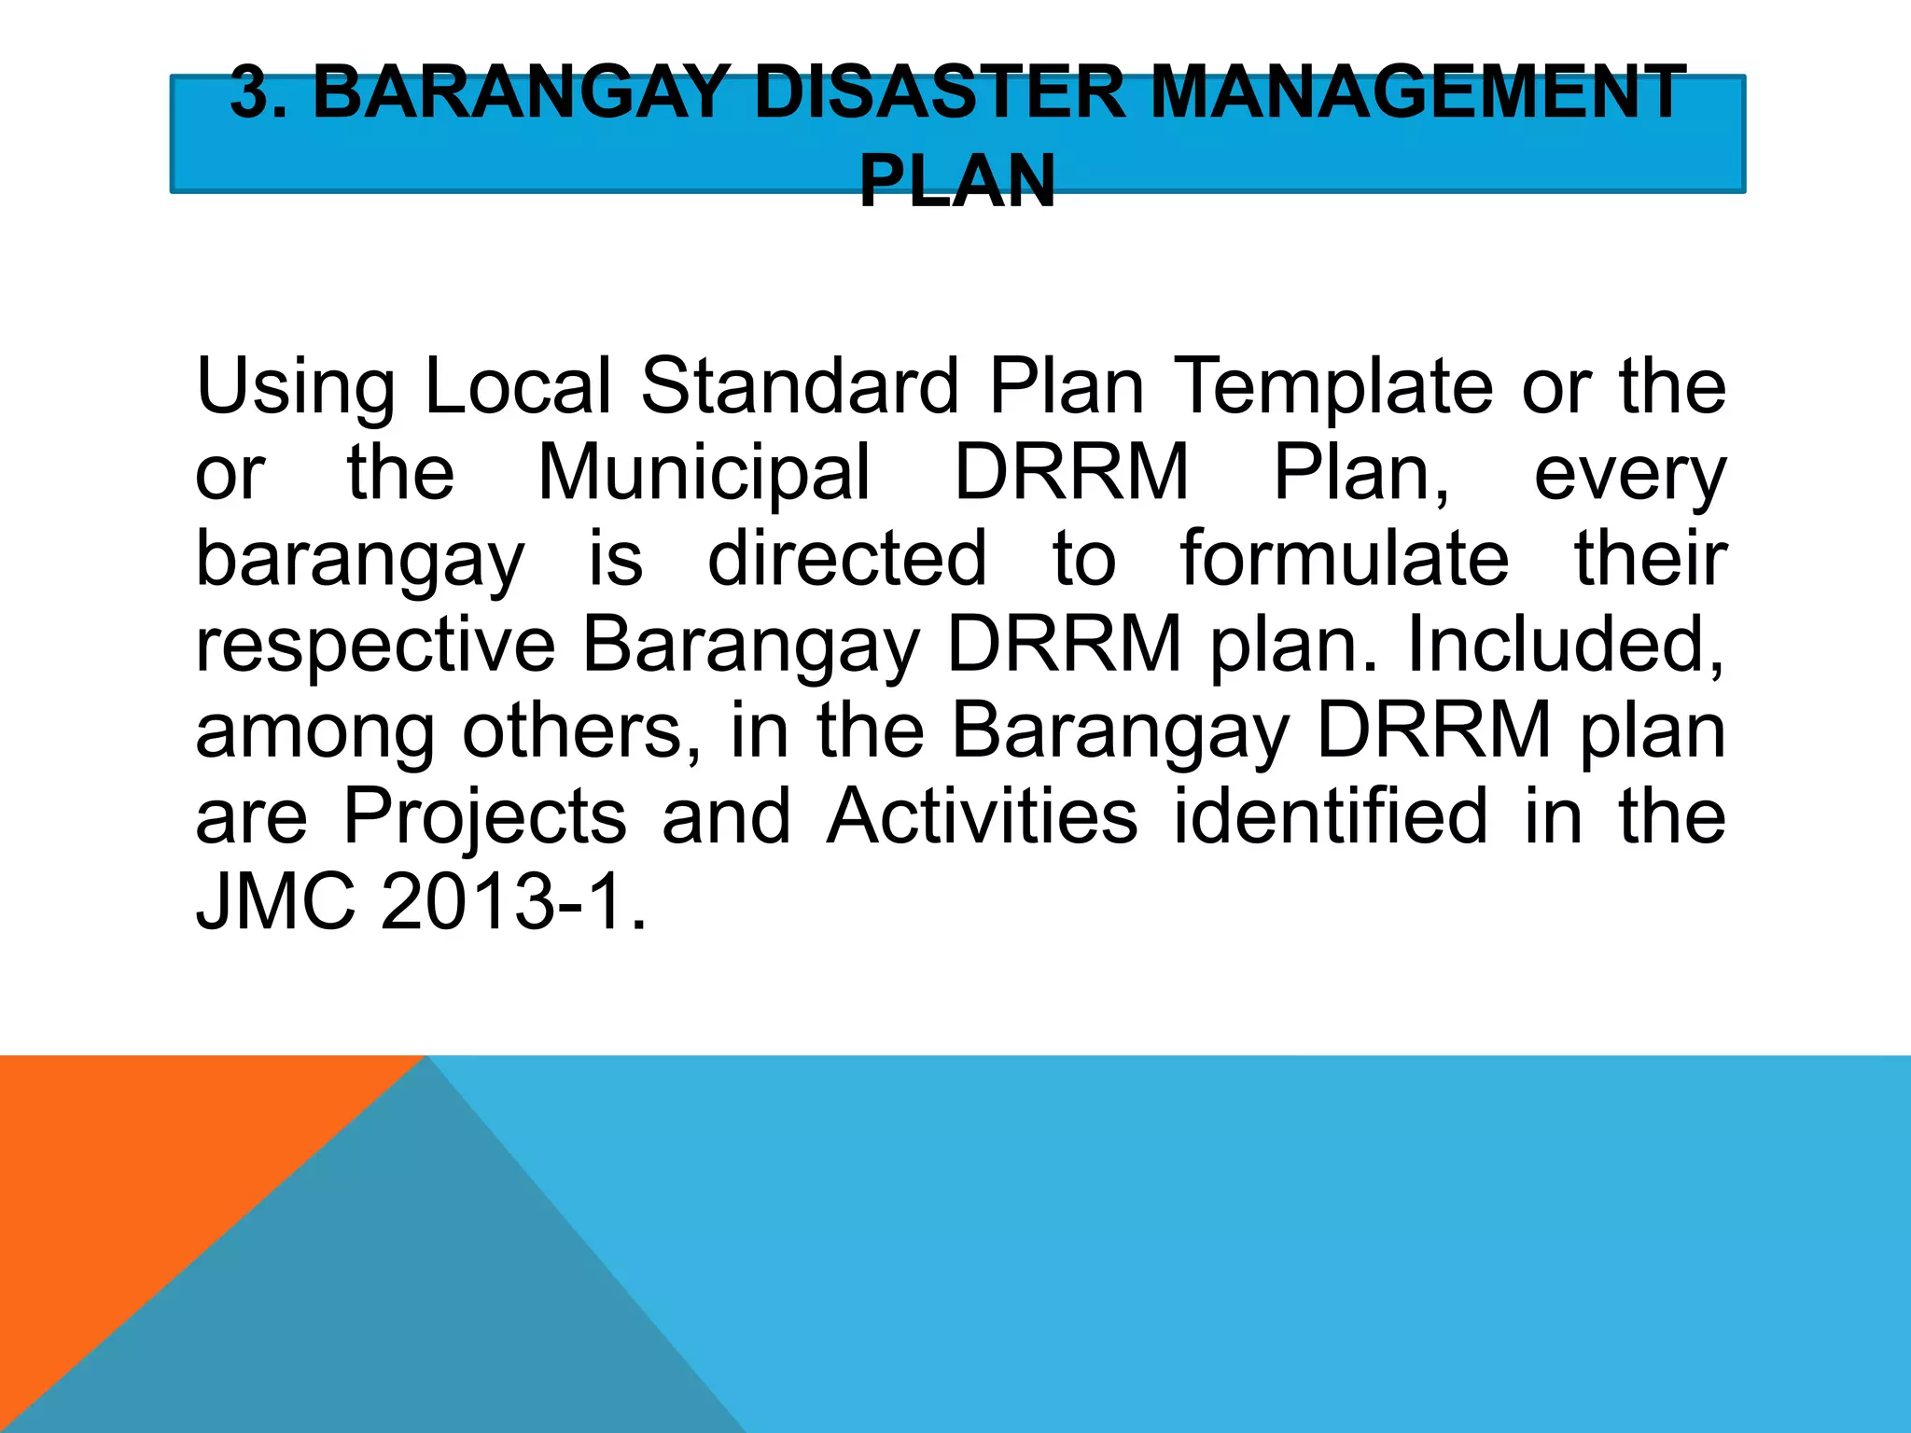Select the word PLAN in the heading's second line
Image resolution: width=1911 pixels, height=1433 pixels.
pos(956,181)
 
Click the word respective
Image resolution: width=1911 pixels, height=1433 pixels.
pos(375,646)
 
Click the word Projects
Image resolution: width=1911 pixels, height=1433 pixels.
pos(485,817)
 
